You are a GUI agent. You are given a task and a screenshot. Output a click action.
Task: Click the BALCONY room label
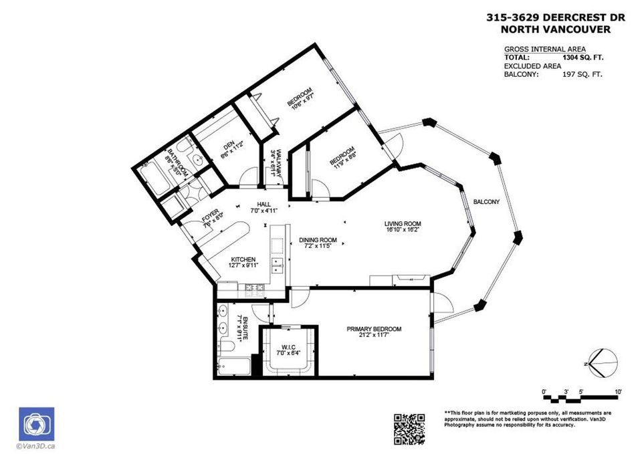tap(486, 201)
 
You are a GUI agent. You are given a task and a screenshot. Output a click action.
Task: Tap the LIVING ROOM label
tap(403, 224)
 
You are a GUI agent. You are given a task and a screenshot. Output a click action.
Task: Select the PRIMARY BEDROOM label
tap(373, 329)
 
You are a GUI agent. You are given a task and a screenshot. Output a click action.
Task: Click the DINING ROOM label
tap(318, 241)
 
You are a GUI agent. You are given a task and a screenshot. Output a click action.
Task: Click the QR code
tap(409, 429)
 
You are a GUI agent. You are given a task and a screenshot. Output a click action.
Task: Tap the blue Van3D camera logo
tap(37, 424)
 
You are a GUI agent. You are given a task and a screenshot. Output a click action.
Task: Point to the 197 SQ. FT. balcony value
tap(582, 74)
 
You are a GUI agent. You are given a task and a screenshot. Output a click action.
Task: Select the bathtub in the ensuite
tap(233, 367)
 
